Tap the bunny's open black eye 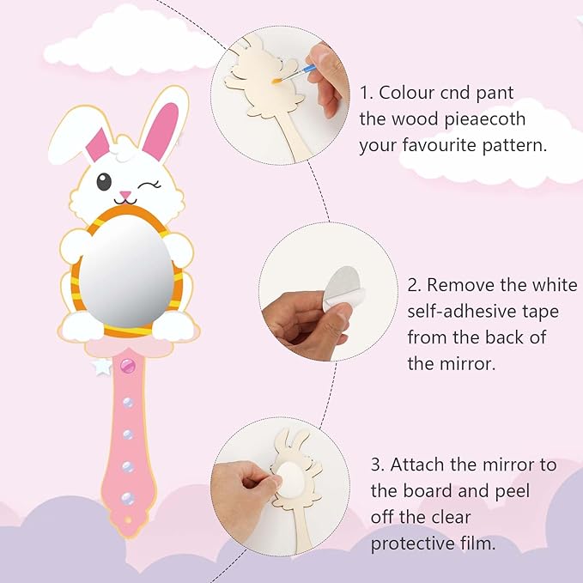pos(103,181)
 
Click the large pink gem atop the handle pos(128,367)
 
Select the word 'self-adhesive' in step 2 pos(462,311)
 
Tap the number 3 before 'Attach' pos(376,465)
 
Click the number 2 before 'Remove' pos(413,285)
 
